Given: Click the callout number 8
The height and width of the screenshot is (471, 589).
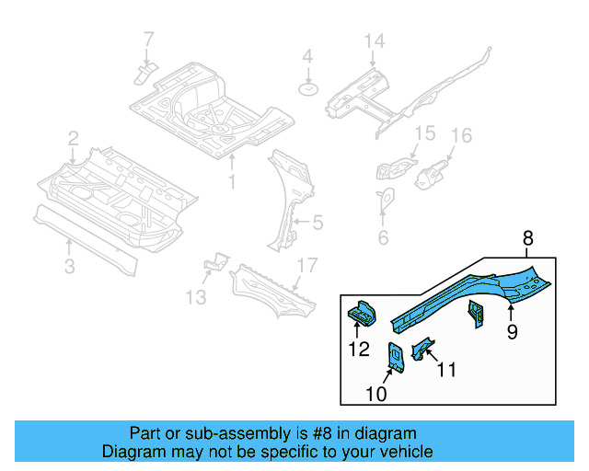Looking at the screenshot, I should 527,239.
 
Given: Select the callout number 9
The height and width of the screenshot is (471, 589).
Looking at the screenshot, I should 512,330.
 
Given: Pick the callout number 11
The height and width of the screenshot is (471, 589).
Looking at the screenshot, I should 445,370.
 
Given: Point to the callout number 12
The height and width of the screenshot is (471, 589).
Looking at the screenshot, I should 358,349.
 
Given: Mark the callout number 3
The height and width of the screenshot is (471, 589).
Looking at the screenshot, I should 70,267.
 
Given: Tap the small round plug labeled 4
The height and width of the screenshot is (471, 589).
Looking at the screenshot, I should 307,88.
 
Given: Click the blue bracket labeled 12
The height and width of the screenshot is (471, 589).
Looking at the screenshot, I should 360,315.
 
